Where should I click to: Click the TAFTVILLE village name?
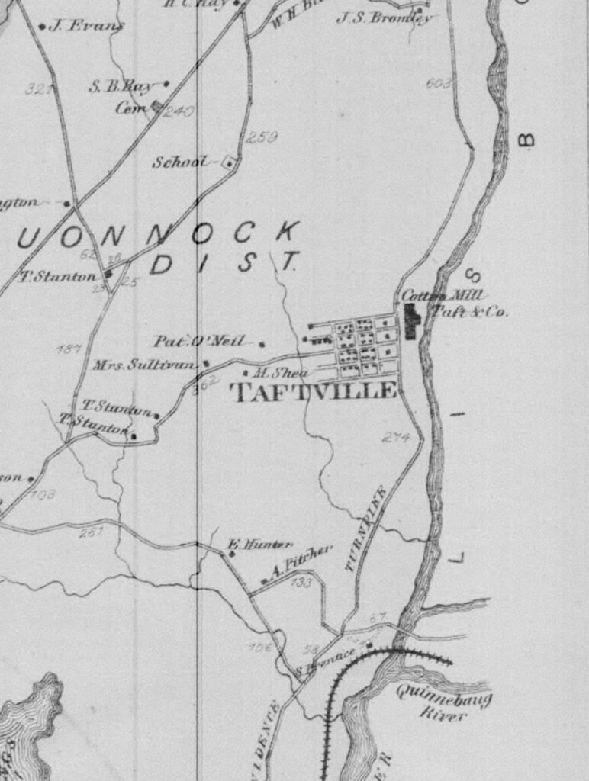pos(314,392)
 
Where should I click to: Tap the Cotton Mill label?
pos(433,296)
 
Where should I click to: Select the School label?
pos(179,162)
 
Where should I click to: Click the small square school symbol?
pos(227,162)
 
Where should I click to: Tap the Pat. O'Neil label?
pos(199,341)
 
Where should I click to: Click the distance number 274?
pos(396,438)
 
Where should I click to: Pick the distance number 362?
pos(206,385)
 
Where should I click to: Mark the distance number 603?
pos(439,83)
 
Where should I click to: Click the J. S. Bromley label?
pos(383,17)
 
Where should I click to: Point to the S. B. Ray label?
pos(122,86)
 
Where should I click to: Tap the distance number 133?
pos(301,583)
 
